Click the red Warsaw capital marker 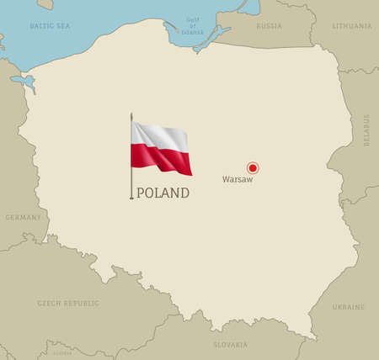252,167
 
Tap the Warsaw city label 237,179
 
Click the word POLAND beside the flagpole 163,193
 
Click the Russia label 268,26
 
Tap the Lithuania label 352,26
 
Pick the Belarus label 366,130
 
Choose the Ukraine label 349,307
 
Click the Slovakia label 230,345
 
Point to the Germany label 24,217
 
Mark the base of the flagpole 131,199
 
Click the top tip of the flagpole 131,114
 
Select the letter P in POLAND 141,193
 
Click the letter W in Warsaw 225,179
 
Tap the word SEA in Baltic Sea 61,26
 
